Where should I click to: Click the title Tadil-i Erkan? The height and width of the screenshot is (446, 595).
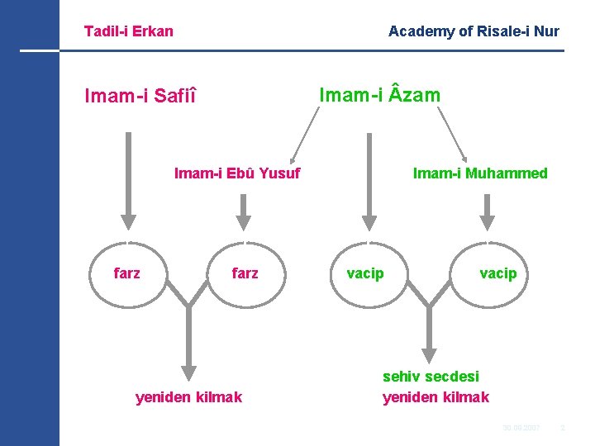tap(128, 31)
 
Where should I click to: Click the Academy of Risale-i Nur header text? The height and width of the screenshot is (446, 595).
tap(474, 31)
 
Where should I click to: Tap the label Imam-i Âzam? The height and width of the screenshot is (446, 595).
tap(379, 96)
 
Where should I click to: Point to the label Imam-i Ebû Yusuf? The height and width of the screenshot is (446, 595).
tap(237, 173)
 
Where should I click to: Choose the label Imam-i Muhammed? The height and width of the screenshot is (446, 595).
tap(480, 173)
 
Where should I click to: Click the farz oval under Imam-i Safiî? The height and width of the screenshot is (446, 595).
tap(127, 273)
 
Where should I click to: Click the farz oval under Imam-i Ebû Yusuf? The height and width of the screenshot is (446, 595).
tap(245, 273)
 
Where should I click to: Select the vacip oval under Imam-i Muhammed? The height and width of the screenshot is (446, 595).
tap(497, 273)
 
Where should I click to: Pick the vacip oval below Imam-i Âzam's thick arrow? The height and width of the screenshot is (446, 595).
tap(365, 273)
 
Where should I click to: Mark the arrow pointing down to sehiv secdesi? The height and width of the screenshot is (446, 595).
tap(428, 334)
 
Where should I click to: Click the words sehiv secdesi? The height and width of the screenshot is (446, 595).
tap(431, 377)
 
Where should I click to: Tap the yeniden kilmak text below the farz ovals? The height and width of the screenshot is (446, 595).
tap(188, 397)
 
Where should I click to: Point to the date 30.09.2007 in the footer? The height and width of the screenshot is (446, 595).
tap(521, 427)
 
